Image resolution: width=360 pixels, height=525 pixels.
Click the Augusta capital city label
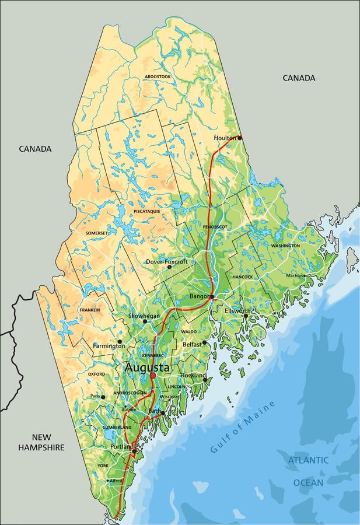[147, 368]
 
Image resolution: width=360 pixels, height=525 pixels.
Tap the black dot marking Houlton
[239, 138]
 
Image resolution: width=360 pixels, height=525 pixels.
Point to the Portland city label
[121, 447]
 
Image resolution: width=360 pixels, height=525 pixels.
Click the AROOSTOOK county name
[157, 76]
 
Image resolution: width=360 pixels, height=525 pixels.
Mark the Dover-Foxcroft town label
[167, 262]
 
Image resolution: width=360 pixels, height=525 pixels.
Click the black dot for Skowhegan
[145, 321]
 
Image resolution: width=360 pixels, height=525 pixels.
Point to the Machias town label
[295, 275]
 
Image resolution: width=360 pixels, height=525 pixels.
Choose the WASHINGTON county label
[285, 246]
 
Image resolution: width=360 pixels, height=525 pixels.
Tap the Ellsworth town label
[238, 311]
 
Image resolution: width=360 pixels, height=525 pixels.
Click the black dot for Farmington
[120, 342]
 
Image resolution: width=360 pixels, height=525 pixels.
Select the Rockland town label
[193, 375]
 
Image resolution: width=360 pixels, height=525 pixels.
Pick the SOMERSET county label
[97, 233]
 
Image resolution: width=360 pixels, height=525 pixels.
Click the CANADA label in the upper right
[299, 78]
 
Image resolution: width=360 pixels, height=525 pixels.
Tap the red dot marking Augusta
[153, 376]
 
